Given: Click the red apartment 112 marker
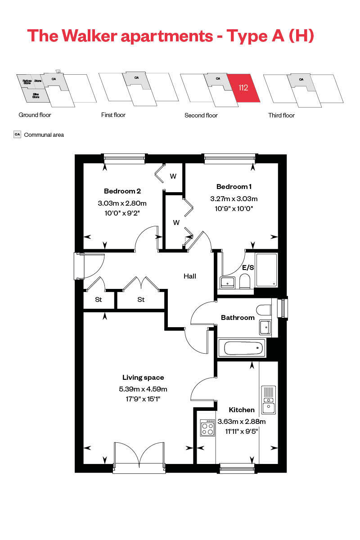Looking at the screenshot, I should [243, 88].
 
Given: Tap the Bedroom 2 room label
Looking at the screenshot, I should [122, 190].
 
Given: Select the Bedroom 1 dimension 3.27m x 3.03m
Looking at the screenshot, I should [234, 198].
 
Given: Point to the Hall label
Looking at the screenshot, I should [189, 276].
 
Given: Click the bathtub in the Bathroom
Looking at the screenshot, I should [242, 347].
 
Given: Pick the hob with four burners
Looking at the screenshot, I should [207, 427].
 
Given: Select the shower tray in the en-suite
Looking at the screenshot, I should [267, 270].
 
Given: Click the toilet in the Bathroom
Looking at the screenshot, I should [263, 310].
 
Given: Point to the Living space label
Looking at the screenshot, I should [143, 378].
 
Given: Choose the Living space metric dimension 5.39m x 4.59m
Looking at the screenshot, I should [143, 389].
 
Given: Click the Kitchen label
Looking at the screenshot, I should [242, 410].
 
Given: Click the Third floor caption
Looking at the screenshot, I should [281, 115].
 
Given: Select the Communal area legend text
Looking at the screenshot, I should [44, 135].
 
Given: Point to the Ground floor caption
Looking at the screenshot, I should [35, 115].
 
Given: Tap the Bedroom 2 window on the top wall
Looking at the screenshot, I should [124, 158].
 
